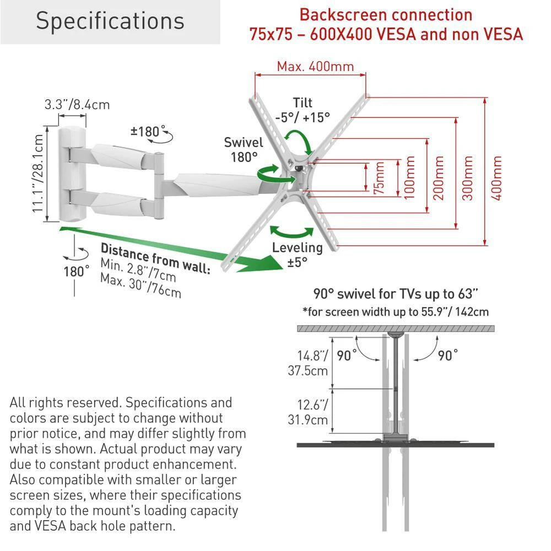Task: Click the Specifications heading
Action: click(x=110, y=21)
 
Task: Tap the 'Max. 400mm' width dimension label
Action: click(x=315, y=67)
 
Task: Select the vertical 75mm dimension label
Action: click(x=379, y=178)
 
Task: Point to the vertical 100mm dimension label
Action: click(x=409, y=178)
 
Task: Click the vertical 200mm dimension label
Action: click(x=439, y=178)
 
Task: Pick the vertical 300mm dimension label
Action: click(x=467, y=178)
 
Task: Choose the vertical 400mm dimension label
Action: click(x=496, y=178)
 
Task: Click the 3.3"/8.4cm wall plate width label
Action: click(x=77, y=105)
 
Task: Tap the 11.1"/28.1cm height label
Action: click(x=38, y=174)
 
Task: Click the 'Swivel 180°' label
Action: click(x=244, y=150)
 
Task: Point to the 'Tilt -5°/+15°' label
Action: click(x=302, y=110)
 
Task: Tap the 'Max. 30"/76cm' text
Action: click(x=141, y=286)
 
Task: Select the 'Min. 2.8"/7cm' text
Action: click(x=138, y=270)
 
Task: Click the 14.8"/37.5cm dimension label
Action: click(x=308, y=363)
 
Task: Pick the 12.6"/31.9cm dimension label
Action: click(x=308, y=413)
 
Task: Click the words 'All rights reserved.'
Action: click(x=66, y=403)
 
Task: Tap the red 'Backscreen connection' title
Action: click(x=386, y=15)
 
